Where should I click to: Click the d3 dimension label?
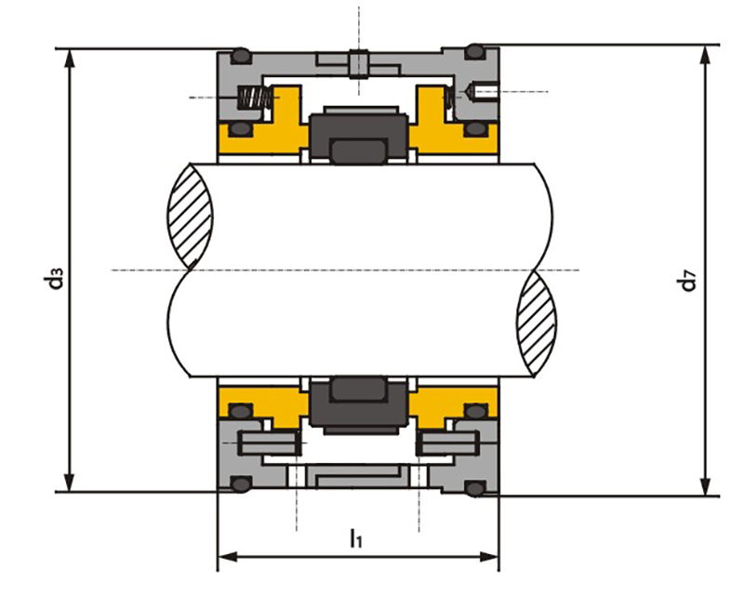pyautogui.click(x=56, y=279)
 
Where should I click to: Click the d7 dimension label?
pyautogui.click(x=687, y=280)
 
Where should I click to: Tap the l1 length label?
pyautogui.click(x=356, y=538)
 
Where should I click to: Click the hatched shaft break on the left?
pyautogui.click(x=190, y=217)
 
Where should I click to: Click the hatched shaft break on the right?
pyautogui.click(x=537, y=324)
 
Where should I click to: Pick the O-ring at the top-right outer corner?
pyautogui.click(x=474, y=51)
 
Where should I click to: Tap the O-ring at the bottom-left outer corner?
pyautogui.click(x=241, y=484)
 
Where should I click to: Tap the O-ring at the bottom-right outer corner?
pyautogui.click(x=475, y=488)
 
